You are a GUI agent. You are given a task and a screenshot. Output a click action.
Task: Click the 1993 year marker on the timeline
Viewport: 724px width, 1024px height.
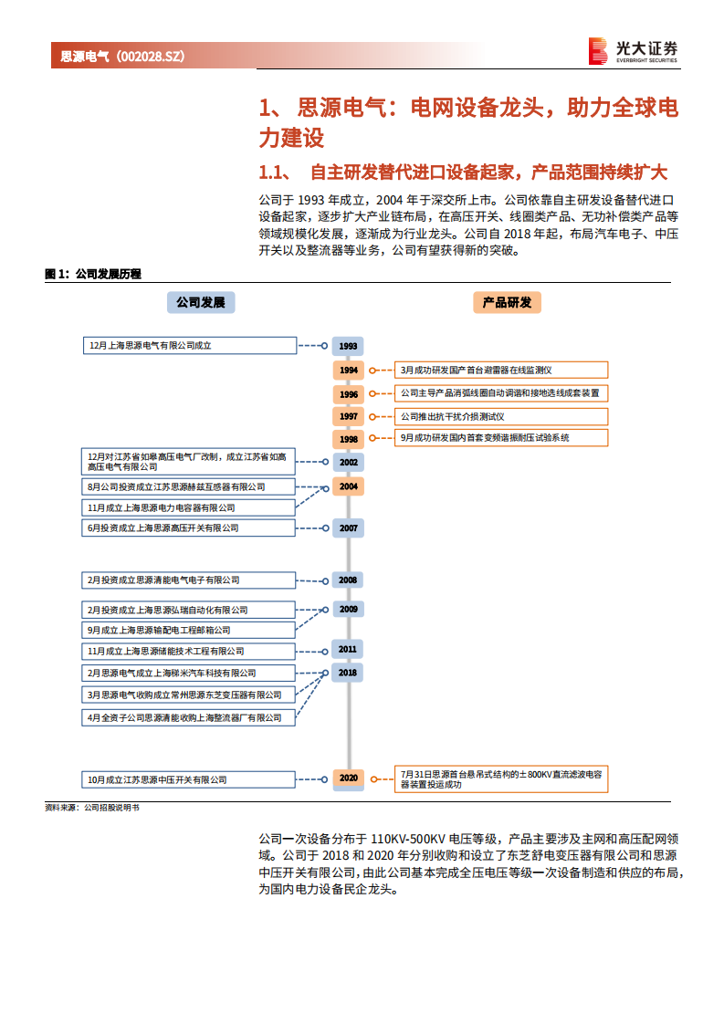click(x=348, y=346)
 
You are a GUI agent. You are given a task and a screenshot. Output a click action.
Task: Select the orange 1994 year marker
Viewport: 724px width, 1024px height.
click(x=348, y=370)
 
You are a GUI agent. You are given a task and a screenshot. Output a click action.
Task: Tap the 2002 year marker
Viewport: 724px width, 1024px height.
click(x=348, y=462)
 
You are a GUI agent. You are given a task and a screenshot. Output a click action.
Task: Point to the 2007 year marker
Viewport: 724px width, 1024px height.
click(x=348, y=528)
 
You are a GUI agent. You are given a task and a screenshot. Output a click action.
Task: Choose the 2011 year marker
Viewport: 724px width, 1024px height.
click(x=348, y=650)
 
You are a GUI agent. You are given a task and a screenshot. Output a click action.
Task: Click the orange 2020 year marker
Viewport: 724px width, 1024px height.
click(x=348, y=778)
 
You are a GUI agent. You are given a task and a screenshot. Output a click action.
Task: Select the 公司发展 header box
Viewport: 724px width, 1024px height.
click(x=200, y=302)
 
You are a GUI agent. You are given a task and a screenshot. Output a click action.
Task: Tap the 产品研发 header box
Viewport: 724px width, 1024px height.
click(x=507, y=302)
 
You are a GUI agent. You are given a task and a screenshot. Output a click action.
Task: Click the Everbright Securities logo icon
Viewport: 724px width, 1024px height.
click(x=598, y=51)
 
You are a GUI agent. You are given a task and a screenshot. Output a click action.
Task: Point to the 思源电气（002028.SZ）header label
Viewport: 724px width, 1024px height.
click(x=122, y=57)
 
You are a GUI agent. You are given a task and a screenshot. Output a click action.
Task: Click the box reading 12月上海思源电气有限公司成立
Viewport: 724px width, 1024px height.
click(x=189, y=346)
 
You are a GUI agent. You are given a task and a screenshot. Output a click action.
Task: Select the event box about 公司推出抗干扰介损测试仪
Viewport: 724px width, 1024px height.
click(x=500, y=416)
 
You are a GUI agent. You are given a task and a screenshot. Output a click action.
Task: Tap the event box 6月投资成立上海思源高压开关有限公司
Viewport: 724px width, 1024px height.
click(x=189, y=528)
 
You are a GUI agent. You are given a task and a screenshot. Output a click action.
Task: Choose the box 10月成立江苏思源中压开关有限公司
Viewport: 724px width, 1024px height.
click(x=189, y=779)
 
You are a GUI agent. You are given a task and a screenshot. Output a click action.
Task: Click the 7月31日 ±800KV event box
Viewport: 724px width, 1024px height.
click(x=500, y=778)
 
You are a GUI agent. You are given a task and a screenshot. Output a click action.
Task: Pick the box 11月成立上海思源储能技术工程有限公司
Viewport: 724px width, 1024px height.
click(x=189, y=652)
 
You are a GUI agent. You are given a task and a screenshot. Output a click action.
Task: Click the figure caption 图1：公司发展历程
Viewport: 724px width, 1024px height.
click(x=93, y=273)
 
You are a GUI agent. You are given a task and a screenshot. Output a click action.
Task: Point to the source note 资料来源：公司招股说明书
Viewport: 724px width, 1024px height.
click(x=92, y=808)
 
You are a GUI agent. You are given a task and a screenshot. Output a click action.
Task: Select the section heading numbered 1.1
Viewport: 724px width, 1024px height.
click(x=464, y=172)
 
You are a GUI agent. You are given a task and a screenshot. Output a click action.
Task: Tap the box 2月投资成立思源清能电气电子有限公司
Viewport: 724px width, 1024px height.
click(x=189, y=580)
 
